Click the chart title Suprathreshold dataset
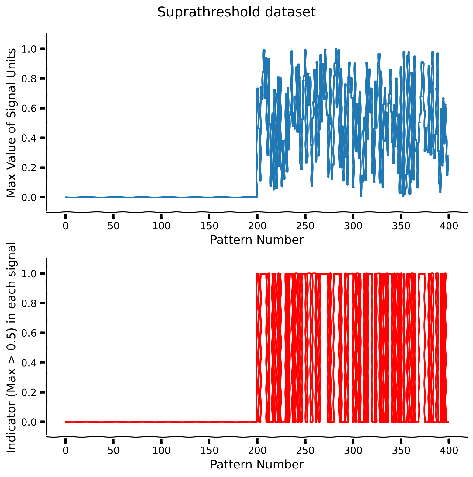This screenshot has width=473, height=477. [x=236, y=12]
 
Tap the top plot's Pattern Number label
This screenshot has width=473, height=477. [x=257, y=240]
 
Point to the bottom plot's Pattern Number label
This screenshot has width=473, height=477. [x=257, y=465]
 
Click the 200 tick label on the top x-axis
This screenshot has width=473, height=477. [x=257, y=226]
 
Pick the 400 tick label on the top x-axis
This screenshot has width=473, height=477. [x=449, y=226]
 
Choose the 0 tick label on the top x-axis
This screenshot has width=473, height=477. [x=65, y=226]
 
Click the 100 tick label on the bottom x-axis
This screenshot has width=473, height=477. [x=161, y=451]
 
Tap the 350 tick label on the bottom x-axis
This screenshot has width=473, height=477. [x=401, y=451]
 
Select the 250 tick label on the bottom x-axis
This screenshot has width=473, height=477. [x=305, y=451]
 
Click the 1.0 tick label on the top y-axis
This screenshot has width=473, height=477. [x=29, y=49]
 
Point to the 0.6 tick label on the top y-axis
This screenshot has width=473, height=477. [x=29, y=108]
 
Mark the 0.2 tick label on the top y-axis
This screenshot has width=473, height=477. [x=29, y=168]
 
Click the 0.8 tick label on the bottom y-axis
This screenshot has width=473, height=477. [x=29, y=303]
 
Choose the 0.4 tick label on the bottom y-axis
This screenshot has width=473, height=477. [x=29, y=363]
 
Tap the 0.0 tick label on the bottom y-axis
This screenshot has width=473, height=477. [x=29, y=422]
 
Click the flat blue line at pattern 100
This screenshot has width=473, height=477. [x=161, y=197]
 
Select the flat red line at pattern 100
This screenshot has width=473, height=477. [x=161, y=422]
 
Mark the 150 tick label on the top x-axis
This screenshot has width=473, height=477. [x=209, y=226]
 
